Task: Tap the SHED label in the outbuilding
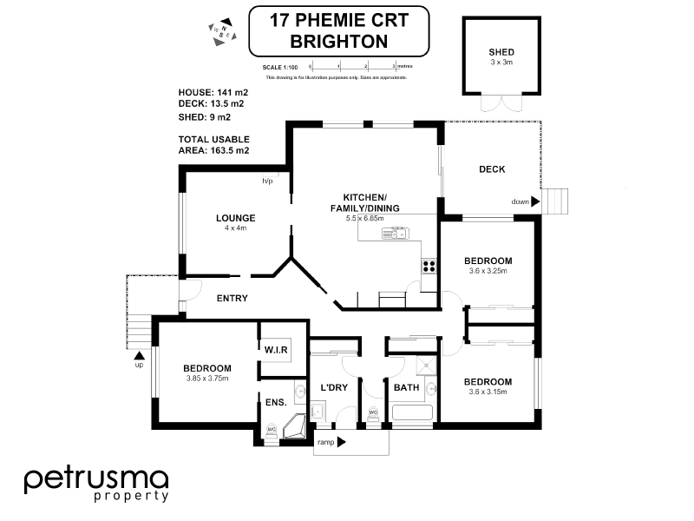point(501,52)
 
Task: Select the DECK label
point(492,169)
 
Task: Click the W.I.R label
point(276,349)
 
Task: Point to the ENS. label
point(275,402)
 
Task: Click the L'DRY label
point(333,386)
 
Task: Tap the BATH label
point(406,386)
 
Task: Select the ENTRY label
point(232,298)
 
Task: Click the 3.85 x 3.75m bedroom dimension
point(206,378)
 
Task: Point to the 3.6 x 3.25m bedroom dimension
point(487,271)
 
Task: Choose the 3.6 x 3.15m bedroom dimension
point(487,392)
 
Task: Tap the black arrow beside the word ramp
point(342,442)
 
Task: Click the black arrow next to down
point(536,201)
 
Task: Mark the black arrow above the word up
point(137,353)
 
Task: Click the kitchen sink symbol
point(395,233)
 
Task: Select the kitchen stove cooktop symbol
point(429,267)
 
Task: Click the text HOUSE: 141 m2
point(213,91)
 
